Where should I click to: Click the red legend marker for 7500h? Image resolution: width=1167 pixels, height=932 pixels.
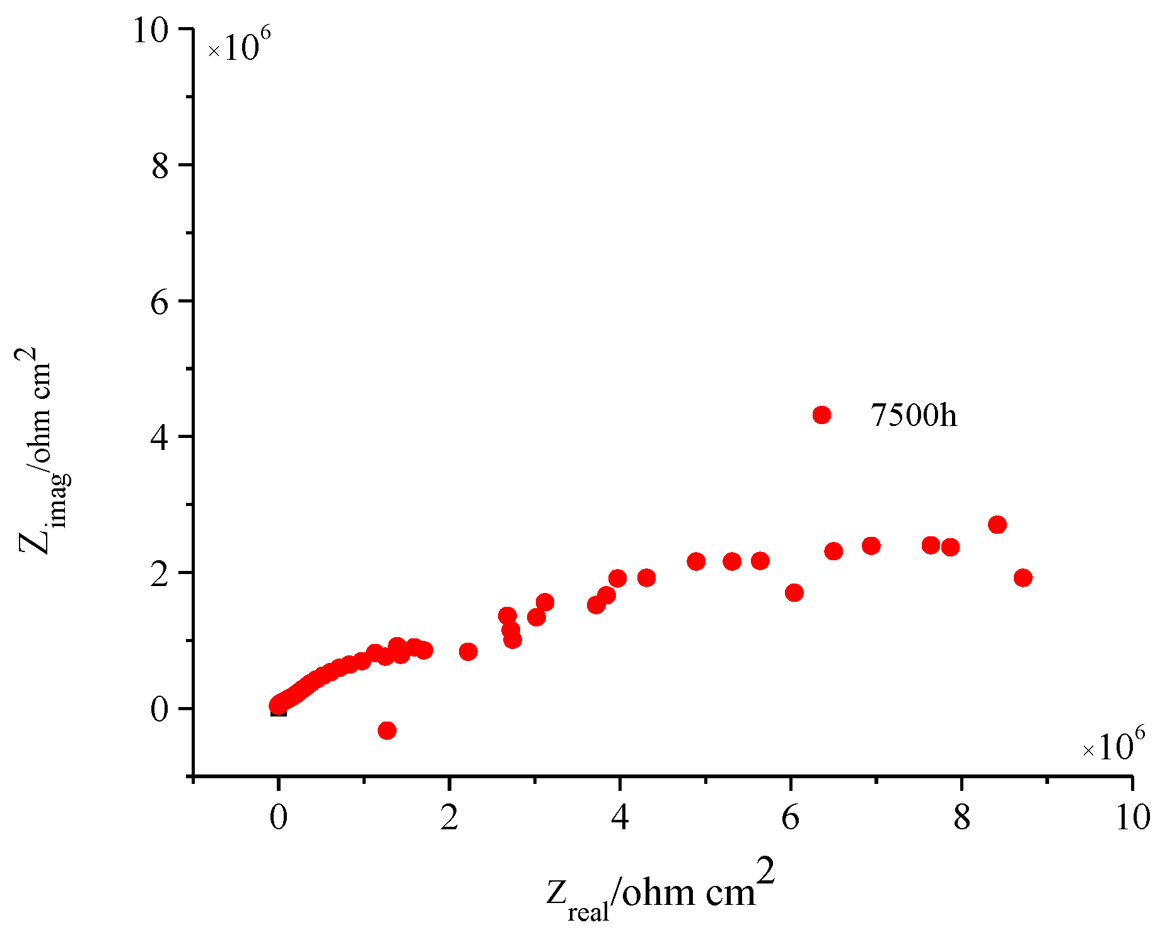(822, 415)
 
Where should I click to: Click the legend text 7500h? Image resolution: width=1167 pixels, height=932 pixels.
(914, 415)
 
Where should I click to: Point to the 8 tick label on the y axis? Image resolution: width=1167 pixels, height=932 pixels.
(160, 166)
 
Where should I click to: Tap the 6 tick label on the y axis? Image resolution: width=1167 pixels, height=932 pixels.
(160, 302)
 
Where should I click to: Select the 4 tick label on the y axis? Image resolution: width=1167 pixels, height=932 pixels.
(160, 438)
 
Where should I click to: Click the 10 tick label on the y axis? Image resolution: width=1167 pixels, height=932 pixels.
(151, 30)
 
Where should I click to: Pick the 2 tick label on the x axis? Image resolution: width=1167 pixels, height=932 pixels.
(449, 818)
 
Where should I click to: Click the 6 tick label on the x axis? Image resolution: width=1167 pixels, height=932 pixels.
(791, 818)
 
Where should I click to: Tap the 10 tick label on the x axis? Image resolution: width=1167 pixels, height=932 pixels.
(1132, 818)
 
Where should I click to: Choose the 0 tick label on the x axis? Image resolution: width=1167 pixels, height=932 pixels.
(278, 818)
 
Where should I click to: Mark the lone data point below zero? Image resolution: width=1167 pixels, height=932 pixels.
(387, 730)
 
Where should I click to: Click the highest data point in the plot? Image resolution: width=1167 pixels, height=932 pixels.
(997, 524)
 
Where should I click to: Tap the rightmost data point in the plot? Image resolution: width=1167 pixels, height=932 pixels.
(1023, 578)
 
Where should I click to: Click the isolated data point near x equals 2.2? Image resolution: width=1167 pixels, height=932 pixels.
(468, 652)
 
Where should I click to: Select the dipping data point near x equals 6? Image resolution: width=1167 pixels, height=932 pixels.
(794, 592)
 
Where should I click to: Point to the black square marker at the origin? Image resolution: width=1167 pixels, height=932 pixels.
(278, 710)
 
